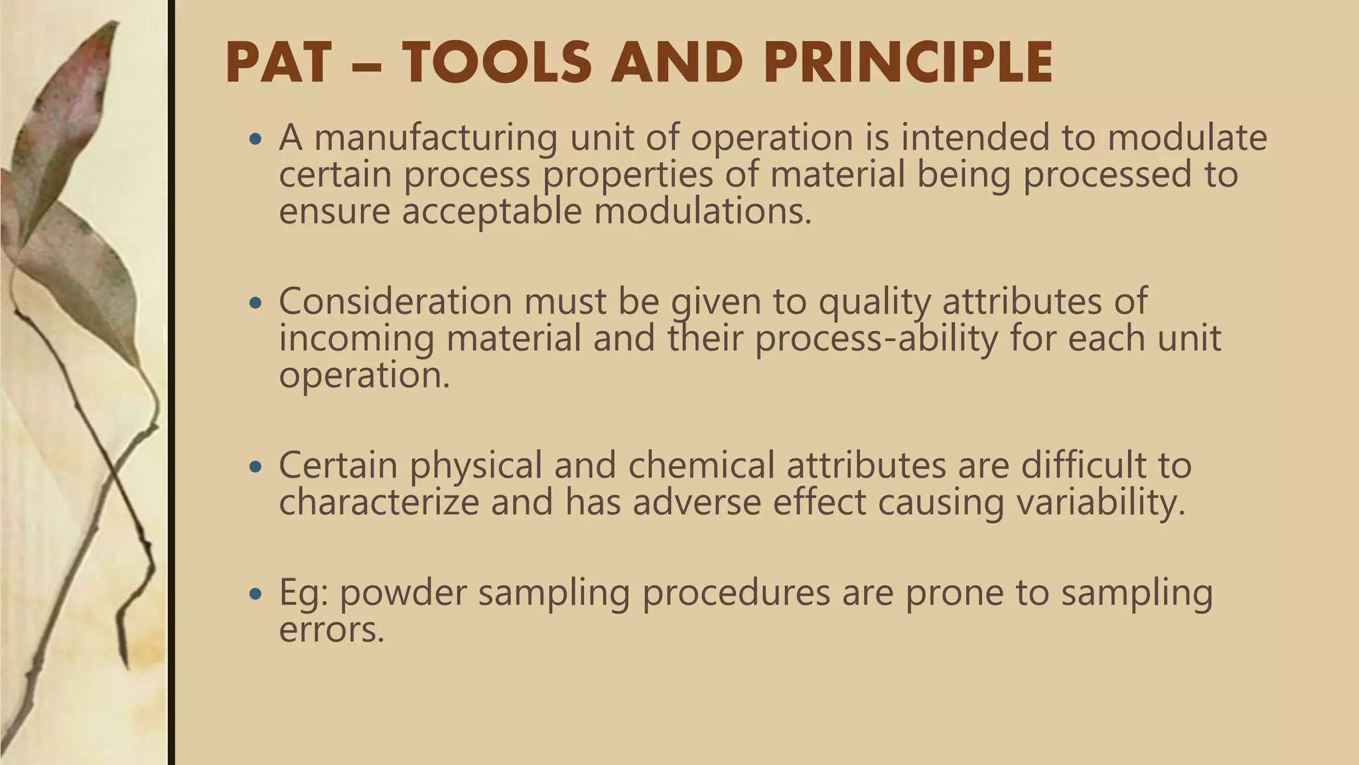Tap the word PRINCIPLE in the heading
coord(908,62)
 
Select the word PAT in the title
coord(278,62)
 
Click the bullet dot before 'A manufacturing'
coord(255,140)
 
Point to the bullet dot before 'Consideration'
coord(255,303)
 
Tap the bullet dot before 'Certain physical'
coord(255,467)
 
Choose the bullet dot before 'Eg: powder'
coord(255,594)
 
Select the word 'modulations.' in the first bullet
coord(703,211)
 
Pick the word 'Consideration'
coord(395,301)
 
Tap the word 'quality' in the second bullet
coord(874,302)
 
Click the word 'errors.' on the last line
coord(332,629)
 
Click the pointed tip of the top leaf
coord(117,23)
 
